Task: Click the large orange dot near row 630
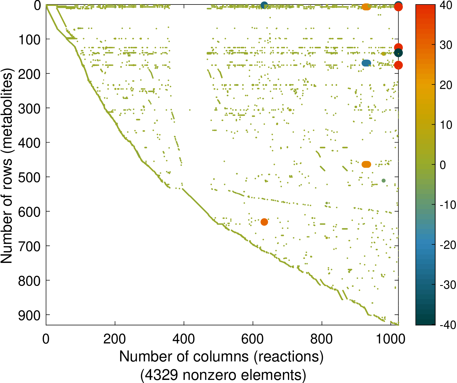pos(264,222)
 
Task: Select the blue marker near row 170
pos(366,63)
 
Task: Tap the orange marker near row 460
pos(366,164)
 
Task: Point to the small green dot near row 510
pos(383,180)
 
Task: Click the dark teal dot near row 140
pos(398,53)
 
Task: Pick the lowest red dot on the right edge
pos(398,65)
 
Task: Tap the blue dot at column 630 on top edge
pos(264,5)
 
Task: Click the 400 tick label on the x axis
pos(184,339)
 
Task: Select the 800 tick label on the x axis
pos(322,339)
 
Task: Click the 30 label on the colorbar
pos(446,45)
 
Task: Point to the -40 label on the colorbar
pos(447,325)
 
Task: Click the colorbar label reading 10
pos(446,125)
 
